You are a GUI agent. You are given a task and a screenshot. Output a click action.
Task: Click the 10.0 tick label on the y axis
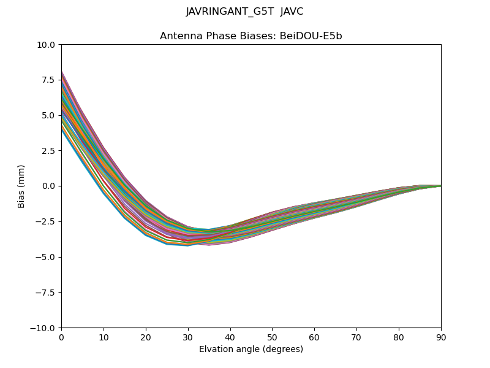(48, 45)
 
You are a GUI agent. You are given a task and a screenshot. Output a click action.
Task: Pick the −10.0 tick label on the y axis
(45, 328)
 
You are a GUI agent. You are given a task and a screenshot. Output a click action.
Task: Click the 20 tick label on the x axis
(146, 337)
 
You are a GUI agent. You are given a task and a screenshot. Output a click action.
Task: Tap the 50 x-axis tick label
(272, 337)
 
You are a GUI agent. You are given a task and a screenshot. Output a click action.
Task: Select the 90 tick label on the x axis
(441, 337)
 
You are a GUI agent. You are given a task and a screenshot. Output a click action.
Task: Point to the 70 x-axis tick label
(356, 337)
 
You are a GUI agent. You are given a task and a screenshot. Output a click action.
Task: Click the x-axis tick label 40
(230, 337)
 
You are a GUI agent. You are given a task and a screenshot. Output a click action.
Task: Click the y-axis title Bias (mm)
(21, 186)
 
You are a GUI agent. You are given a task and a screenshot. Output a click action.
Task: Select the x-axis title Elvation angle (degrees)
(251, 349)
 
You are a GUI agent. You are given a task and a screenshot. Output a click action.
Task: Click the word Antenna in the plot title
(179, 36)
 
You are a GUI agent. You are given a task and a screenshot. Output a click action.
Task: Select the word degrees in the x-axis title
(282, 349)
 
